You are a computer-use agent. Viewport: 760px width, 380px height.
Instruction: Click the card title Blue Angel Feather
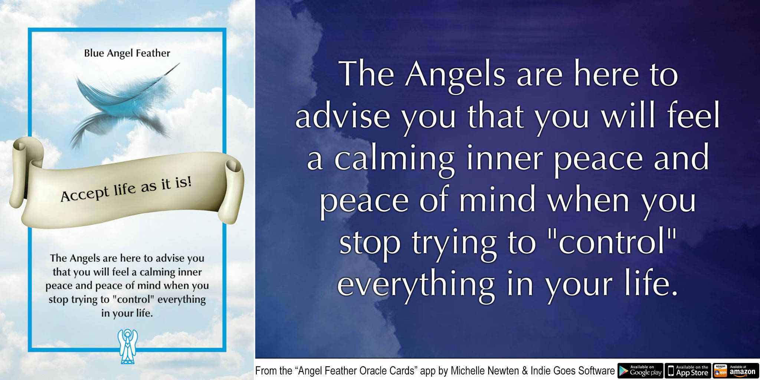[127, 53]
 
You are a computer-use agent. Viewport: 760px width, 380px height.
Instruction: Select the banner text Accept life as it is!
[126, 189]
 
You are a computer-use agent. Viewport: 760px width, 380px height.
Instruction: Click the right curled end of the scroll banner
[232, 189]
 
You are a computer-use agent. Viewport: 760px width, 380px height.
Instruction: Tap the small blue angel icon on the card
[127, 346]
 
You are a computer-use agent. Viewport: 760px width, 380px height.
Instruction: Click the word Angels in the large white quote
[455, 75]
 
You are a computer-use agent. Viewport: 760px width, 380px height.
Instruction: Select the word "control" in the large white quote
[612, 243]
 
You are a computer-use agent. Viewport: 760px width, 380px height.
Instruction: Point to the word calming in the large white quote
[394, 158]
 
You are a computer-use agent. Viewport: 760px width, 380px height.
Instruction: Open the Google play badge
[640, 370]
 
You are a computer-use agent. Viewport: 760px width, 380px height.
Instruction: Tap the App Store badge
[688, 370]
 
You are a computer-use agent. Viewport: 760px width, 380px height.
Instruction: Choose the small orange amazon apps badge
[720, 370]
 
